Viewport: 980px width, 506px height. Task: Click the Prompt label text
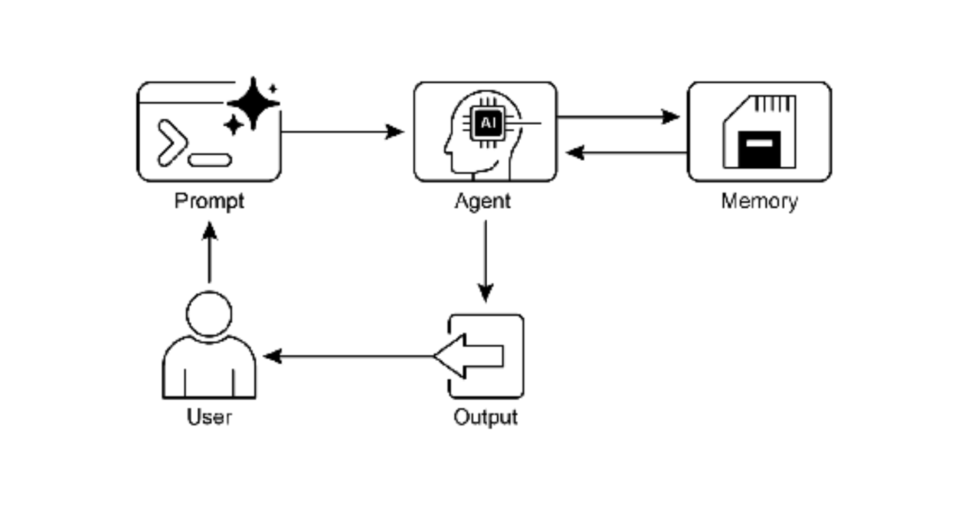209,202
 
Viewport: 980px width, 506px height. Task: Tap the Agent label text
483,202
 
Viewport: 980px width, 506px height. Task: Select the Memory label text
759,202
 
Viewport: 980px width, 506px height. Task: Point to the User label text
209,416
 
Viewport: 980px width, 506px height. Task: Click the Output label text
485,416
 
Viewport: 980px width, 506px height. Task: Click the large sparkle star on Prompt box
253,103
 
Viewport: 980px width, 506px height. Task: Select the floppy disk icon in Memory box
759,132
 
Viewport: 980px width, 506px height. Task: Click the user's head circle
209,313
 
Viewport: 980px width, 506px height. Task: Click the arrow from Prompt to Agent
342,132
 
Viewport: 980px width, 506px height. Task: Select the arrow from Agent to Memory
617,117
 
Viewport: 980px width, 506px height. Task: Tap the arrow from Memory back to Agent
627,153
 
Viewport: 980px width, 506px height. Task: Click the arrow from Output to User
349,356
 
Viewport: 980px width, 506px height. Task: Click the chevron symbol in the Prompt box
172,142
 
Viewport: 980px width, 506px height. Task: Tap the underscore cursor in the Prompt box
210,160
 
